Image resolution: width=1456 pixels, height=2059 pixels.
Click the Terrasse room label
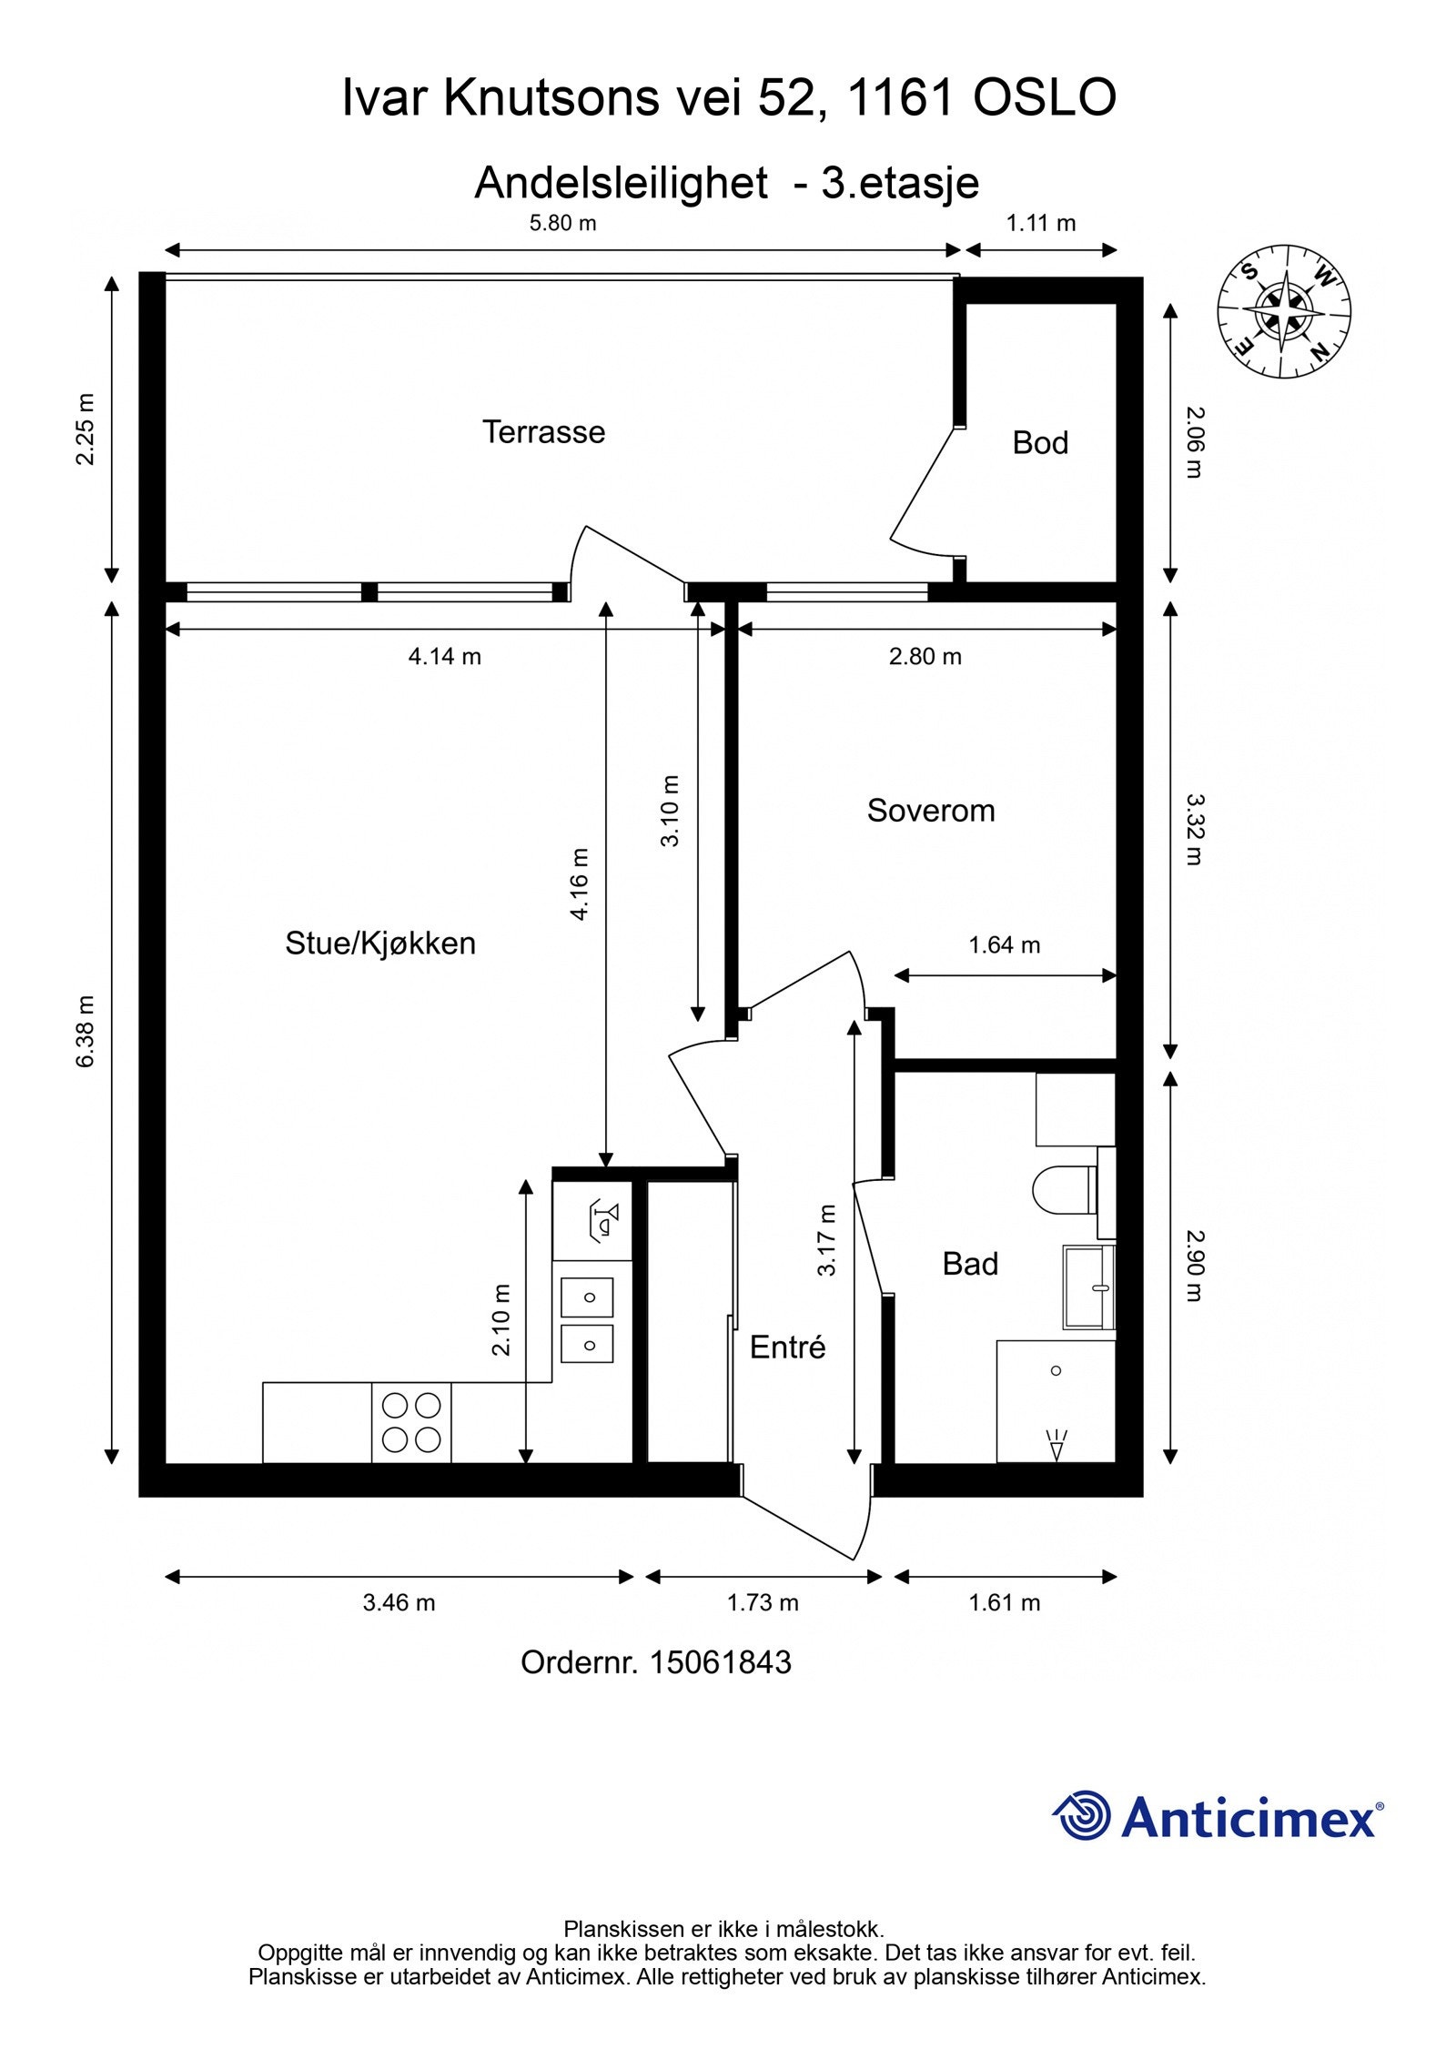pos(543,431)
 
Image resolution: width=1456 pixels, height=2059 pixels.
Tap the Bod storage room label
pos(1039,443)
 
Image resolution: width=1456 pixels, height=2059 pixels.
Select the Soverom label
pos(930,810)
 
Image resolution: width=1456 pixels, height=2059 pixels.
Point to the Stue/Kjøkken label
pos(380,943)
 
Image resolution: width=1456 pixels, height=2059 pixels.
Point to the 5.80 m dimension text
pos(562,223)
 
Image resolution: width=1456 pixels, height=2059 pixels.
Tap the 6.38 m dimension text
pos(85,1031)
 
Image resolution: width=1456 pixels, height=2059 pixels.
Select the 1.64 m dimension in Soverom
pos(1004,944)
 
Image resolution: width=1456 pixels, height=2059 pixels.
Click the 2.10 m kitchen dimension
pos(501,1319)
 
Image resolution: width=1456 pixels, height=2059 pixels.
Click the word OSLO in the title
pos(1045,98)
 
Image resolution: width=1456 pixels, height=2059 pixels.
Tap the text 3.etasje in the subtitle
pos(900,183)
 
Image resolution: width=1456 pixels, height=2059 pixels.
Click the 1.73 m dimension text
pos(763,1602)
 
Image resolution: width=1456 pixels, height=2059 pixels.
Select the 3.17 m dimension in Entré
pos(826,1240)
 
